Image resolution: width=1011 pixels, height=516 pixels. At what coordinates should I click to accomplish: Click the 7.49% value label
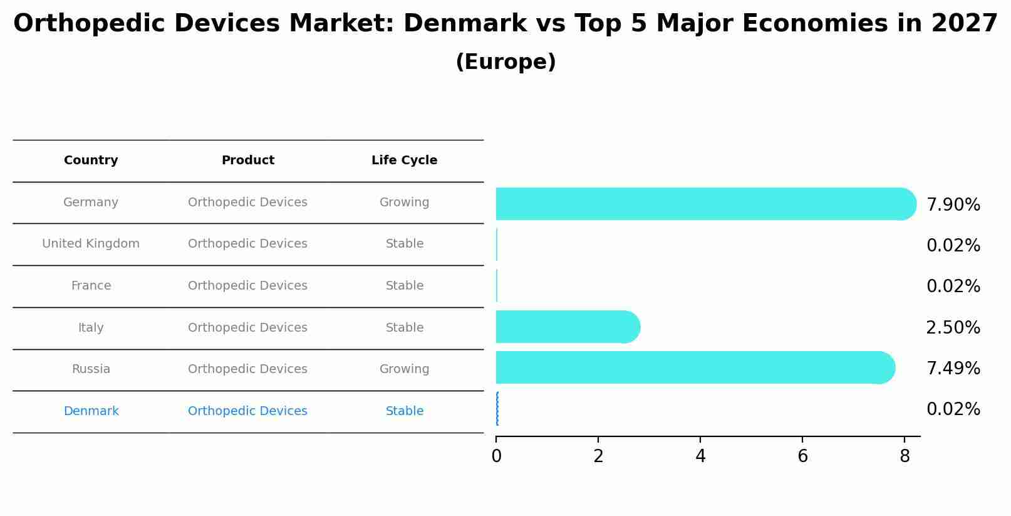pos(953,369)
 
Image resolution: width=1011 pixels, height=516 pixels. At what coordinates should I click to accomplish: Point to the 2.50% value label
pos(953,328)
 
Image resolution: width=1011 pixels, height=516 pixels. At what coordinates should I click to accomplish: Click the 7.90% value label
pos(953,205)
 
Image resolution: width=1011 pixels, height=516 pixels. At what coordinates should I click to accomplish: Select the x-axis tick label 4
pos(700,457)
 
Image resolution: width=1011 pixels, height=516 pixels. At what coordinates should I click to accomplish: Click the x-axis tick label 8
pos(904,457)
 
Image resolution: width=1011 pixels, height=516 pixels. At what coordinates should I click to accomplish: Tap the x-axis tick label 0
pos(496,457)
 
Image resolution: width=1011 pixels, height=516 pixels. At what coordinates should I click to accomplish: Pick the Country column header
pos(91,161)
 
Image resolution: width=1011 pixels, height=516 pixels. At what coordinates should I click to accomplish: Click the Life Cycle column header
pos(404,161)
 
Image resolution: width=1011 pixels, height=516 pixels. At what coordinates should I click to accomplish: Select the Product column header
pos(247,161)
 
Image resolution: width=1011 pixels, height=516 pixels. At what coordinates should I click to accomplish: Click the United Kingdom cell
pos(91,244)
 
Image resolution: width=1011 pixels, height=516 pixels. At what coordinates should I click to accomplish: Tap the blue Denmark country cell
pos(91,411)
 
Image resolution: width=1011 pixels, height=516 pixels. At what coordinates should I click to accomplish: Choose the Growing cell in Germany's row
pos(404,203)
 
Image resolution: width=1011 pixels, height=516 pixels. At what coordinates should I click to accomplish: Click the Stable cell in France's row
pos(404,286)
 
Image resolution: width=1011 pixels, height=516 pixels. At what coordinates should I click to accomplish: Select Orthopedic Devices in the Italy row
pos(247,328)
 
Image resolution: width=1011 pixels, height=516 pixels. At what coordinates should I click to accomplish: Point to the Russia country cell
pos(91,369)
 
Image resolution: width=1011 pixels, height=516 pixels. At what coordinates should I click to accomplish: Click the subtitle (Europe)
pos(505,62)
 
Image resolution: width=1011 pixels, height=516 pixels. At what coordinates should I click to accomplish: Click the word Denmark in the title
pos(465,24)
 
